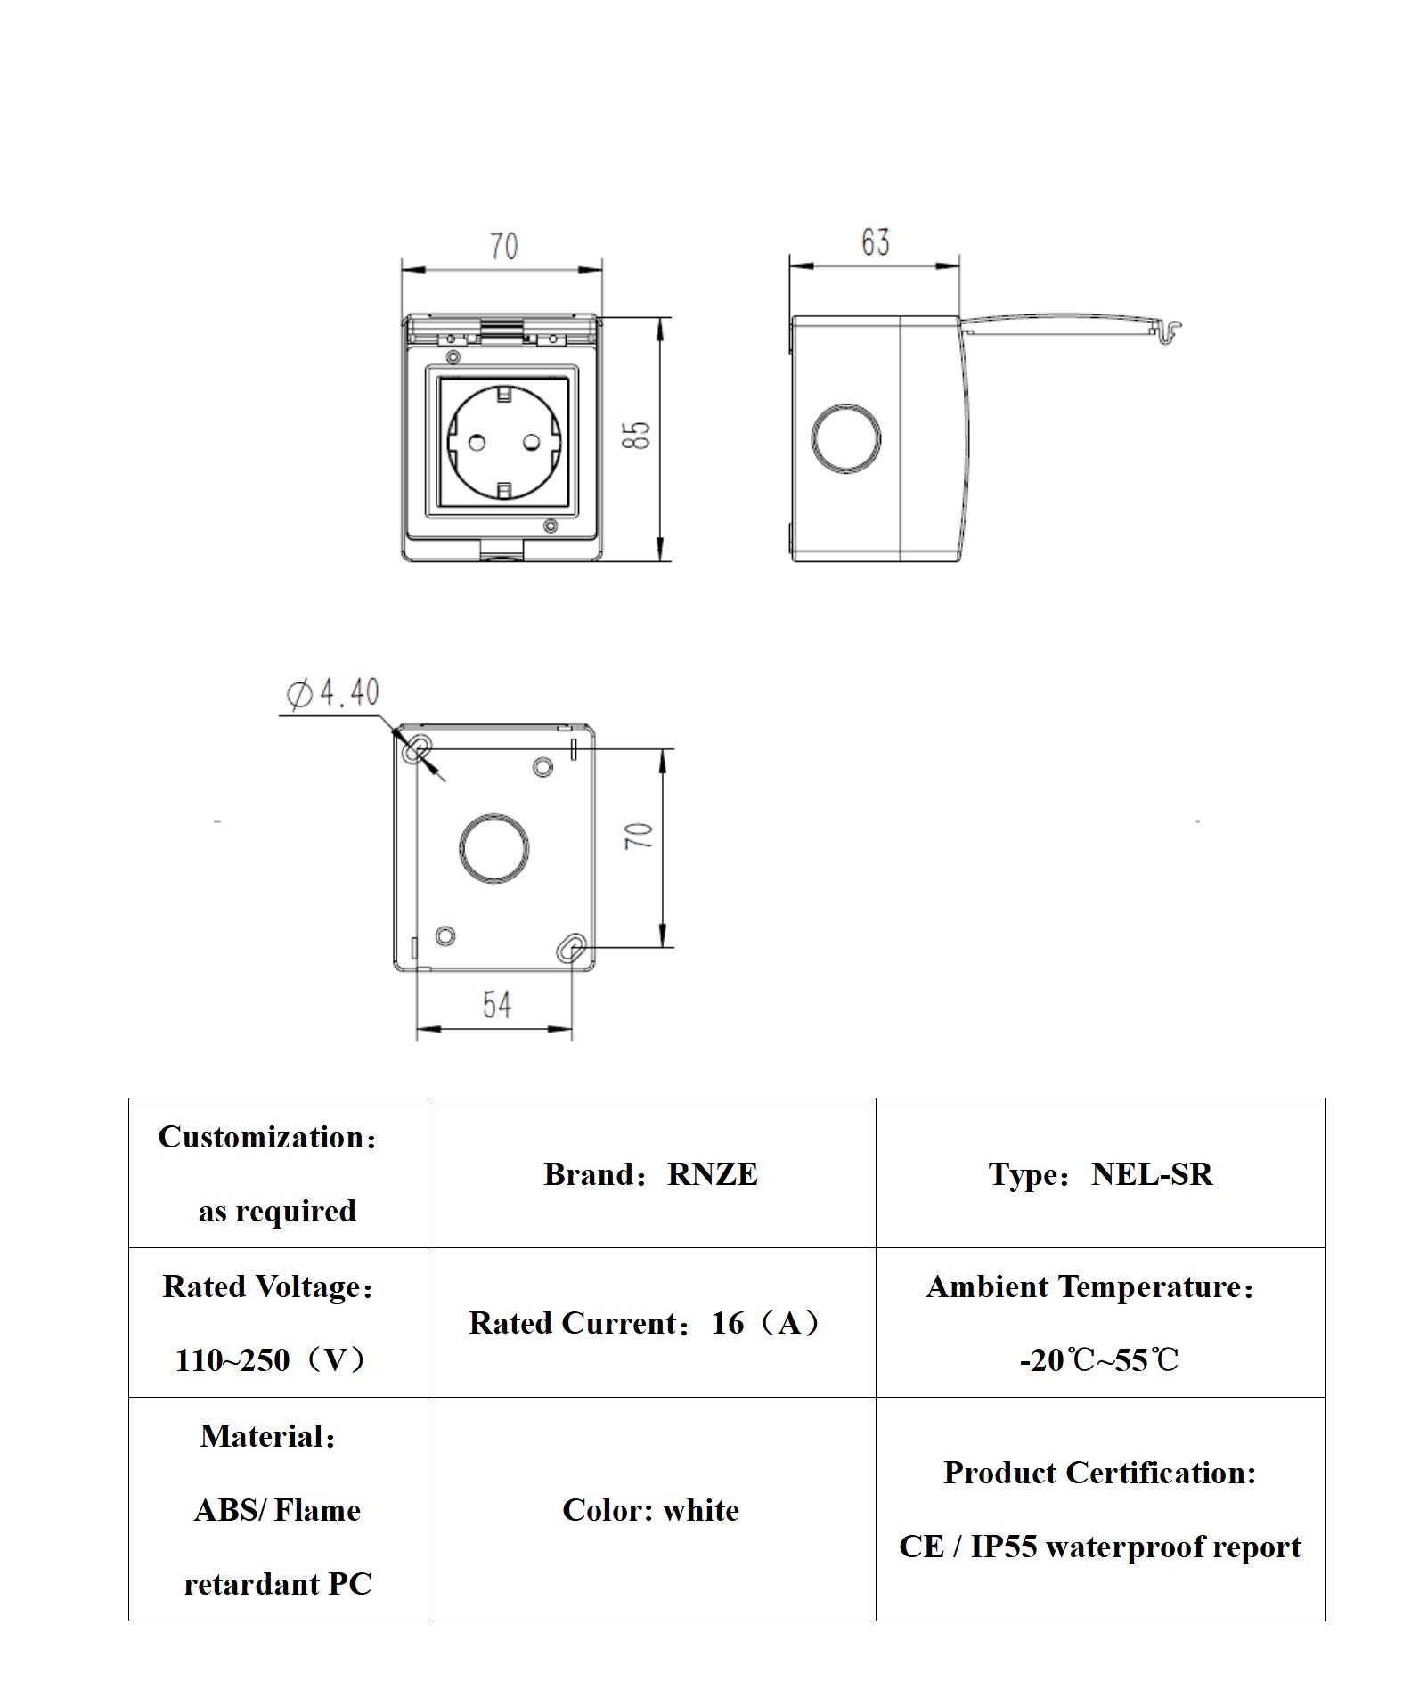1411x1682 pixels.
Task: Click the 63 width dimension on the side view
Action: [875, 242]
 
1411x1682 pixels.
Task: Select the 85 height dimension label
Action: [638, 435]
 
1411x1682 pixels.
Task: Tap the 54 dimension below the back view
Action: [497, 1005]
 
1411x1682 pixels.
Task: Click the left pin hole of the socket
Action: [477, 442]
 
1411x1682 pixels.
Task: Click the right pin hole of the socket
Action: [532, 442]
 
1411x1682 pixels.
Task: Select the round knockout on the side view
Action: [846, 438]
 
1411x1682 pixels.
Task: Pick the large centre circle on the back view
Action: [494, 847]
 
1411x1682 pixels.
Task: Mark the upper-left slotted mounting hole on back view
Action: [415, 750]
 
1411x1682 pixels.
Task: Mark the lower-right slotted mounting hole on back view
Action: [573, 949]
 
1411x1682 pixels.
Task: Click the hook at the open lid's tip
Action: [1170, 331]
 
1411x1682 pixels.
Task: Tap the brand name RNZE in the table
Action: [713, 1174]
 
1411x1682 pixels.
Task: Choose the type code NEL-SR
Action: [1152, 1174]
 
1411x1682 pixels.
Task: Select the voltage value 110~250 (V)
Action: [271, 1360]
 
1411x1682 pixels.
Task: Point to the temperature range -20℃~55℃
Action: [1099, 1360]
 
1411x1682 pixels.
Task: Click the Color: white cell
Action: [650, 1510]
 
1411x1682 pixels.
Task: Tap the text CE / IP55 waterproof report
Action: [1099, 1547]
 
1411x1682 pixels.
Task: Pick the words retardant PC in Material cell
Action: [277, 1584]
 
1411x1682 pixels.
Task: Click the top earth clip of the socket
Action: [504, 393]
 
